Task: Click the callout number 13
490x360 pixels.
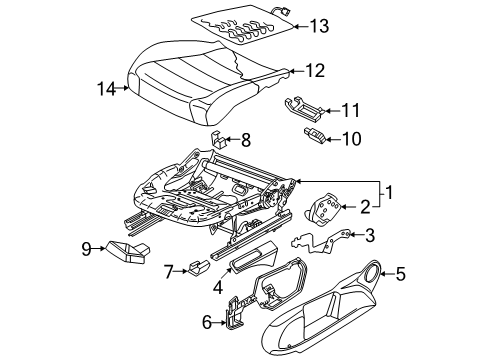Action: [319, 26]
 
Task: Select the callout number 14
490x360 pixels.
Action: [106, 89]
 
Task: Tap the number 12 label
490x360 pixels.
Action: [314, 71]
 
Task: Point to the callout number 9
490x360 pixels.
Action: [86, 248]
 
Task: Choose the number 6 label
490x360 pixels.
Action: [207, 322]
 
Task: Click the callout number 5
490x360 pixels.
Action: [400, 274]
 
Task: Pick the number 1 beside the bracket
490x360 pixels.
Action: [389, 192]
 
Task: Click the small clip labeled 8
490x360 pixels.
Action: [219, 140]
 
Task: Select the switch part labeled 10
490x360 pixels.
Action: [314, 135]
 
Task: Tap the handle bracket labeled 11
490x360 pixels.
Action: [303, 107]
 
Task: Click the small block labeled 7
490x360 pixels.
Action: [199, 267]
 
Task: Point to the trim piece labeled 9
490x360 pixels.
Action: [128, 252]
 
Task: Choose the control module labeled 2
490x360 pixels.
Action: [323, 208]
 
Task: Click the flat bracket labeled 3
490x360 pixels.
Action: [320, 241]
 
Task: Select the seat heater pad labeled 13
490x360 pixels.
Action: [243, 25]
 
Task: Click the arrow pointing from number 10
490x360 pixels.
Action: [332, 139]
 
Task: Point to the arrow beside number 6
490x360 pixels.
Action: [220, 323]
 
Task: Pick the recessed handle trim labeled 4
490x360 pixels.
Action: [253, 258]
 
